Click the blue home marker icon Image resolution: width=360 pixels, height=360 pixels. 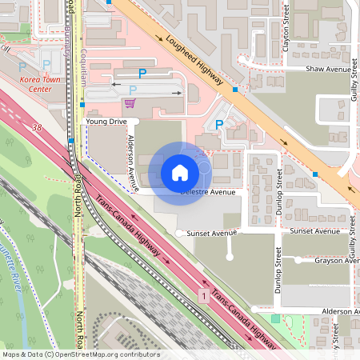pyautogui.click(x=179, y=172)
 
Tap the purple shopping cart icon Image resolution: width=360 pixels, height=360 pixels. pyautogui.click(x=130, y=102)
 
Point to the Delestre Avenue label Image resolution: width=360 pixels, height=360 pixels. pyautogui.click(x=208, y=192)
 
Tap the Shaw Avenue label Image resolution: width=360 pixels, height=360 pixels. pyautogui.click(x=328, y=70)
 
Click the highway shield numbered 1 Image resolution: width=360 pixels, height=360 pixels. pyautogui.click(x=205, y=296)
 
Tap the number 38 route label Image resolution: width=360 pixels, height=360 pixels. pyautogui.click(x=37, y=127)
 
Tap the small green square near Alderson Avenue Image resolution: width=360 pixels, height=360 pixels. pyautogui.click(x=275, y=318)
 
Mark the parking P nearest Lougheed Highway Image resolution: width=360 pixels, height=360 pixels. pyautogui.click(x=219, y=123)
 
